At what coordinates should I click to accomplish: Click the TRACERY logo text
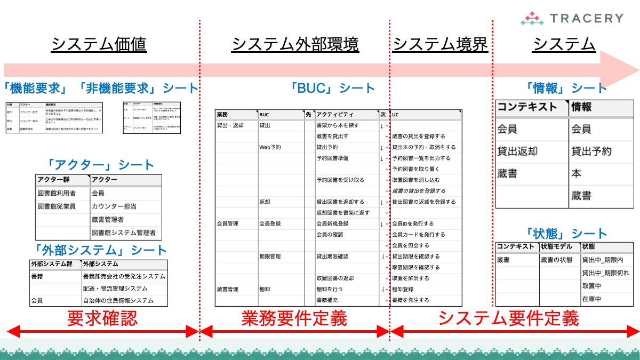pyautogui.click(x=585, y=18)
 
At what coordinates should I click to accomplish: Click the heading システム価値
pyautogui.click(x=99, y=45)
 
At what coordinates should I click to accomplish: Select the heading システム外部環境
pyautogui.click(x=295, y=45)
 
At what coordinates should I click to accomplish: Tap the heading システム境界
pyautogui.click(x=441, y=45)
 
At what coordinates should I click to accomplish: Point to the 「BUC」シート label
pyautogui.click(x=333, y=88)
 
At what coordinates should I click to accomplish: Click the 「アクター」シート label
pyautogui.click(x=100, y=165)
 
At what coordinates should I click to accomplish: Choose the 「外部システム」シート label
pyautogui.click(x=100, y=250)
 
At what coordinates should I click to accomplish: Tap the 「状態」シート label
pyautogui.click(x=566, y=234)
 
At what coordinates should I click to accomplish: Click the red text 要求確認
pyautogui.click(x=102, y=318)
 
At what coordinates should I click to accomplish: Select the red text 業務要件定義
pyautogui.click(x=294, y=318)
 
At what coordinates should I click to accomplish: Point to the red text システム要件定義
pyautogui.click(x=508, y=318)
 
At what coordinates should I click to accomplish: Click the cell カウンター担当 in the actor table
pyautogui.click(x=114, y=206)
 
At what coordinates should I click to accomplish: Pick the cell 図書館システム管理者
pyautogui.click(x=123, y=233)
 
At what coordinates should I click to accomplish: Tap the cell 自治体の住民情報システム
pyautogui.click(x=118, y=300)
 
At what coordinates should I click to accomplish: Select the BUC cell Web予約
pyautogui.click(x=270, y=147)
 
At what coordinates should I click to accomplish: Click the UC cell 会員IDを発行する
pyautogui.click(x=413, y=224)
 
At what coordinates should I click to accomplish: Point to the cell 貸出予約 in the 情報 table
pyautogui.click(x=591, y=151)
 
